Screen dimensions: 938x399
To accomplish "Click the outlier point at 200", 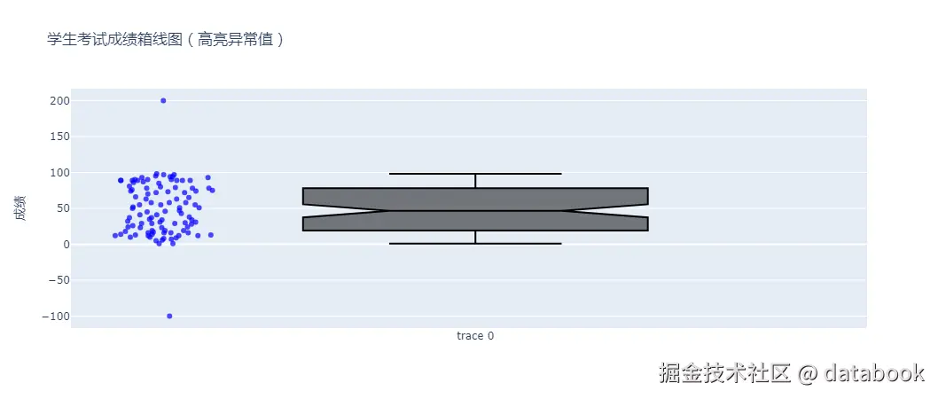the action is pyautogui.click(x=163, y=100).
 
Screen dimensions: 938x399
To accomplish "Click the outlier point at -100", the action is pyautogui.click(x=169, y=316).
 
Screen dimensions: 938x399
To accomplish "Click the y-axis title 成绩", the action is pyautogui.click(x=21, y=208).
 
